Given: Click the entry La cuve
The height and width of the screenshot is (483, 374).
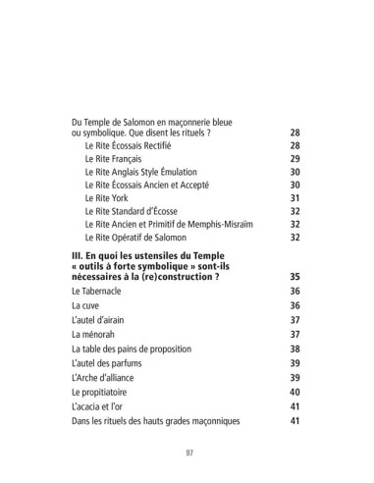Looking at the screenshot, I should (x=86, y=307).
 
